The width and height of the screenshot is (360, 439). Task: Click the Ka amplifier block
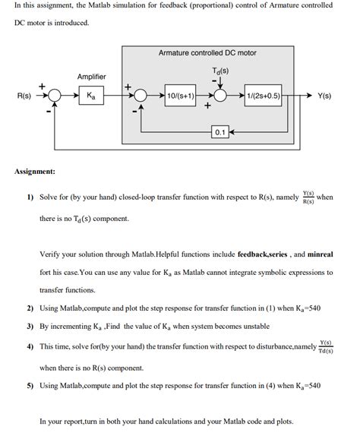pos(91,96)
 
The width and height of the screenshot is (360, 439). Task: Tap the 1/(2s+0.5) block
pos(263,96)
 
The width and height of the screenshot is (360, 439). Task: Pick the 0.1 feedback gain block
pos(219,131)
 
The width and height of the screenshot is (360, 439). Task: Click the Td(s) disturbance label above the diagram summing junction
pos(220,71)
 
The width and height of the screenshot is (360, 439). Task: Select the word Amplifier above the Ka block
pos(91,77)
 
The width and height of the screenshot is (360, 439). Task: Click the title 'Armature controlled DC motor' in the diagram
pos(207,53)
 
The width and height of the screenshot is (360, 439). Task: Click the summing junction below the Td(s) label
pos(220,96)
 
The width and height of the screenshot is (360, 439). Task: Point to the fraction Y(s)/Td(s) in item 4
pos(325,346)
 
